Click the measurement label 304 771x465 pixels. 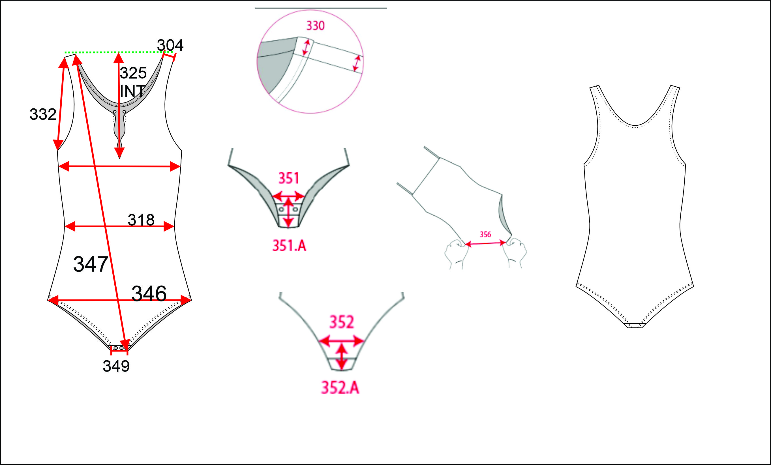pyautogui.click(x=170, y=45)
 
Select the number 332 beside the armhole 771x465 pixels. pyautogui.click(x=43, y=114)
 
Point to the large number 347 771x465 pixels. pyautogui.click(x=91, y=264)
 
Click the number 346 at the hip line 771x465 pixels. pyautogui.click(x=149, y=293)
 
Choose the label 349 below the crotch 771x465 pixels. pyautogui.click(x=116, y=366)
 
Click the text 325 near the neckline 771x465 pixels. pyautogui.click(x=133, y=73)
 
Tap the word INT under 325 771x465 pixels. pyautogui.click(x=132, y=91)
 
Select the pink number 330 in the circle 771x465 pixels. pyautogui.click(x=315, y=26)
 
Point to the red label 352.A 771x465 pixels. pyautogui.click(x=340, y=388)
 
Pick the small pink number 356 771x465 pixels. pyautogui.click(x=485, y=234)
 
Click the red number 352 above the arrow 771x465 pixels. pyautogui.click(x=342, y=322)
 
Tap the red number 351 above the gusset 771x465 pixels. pyautogui.click(x=288, y=178)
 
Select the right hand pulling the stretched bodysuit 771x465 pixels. pyautogui.click(x=514, y=253)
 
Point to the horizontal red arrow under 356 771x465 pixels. pyautogui.click(x=485, y=243)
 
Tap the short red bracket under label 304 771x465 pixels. pyautogui.click(x=169, y=56)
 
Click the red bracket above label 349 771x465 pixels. pyautogui.click(x=119, y=351)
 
